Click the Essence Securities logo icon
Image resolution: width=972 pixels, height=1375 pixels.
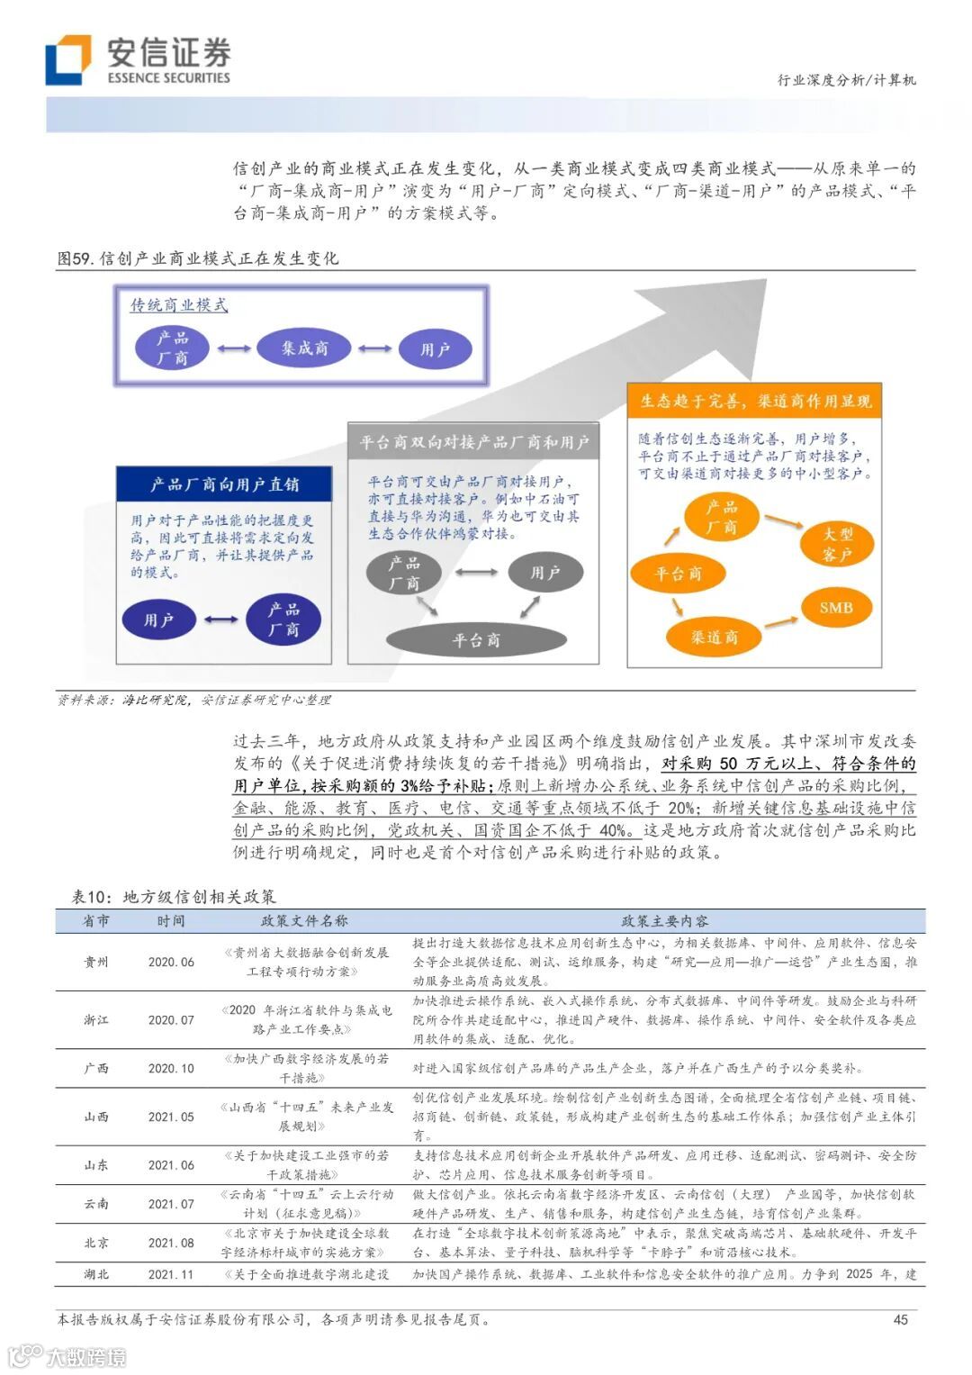(68, 59)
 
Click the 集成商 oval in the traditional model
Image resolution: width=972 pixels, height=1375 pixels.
(303, 348)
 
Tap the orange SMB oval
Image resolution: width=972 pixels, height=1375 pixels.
(835, 608)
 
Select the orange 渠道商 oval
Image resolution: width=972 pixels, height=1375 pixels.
(714, 638)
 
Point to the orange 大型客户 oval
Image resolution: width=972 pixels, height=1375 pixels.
(837, 544)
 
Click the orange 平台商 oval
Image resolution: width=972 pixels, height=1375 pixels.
(678, 574)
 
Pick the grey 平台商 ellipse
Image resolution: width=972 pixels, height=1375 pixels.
(476, 640)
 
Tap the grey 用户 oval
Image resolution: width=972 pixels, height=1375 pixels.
(544, 573)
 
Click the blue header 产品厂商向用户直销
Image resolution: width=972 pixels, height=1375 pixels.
(224, 484)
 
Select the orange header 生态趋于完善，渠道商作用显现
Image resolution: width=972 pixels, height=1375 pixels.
(755, 401)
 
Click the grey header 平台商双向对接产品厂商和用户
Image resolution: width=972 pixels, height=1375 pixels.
(473, 442)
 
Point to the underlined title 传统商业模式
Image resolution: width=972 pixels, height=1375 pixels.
(179, 305)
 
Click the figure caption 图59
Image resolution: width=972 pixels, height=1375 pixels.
(198, 258)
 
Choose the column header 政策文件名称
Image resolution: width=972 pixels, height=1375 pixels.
(304, 920)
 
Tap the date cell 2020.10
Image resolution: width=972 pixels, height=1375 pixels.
(171, 1068)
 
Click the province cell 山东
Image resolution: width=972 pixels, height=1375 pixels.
(96, 1165)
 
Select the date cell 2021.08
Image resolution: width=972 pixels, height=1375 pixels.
(171, 1243)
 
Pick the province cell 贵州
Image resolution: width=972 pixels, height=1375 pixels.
(96, 962)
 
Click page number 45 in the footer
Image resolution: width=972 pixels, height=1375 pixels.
(900, 1319)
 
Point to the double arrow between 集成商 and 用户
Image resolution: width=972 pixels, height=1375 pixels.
(375, 349)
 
